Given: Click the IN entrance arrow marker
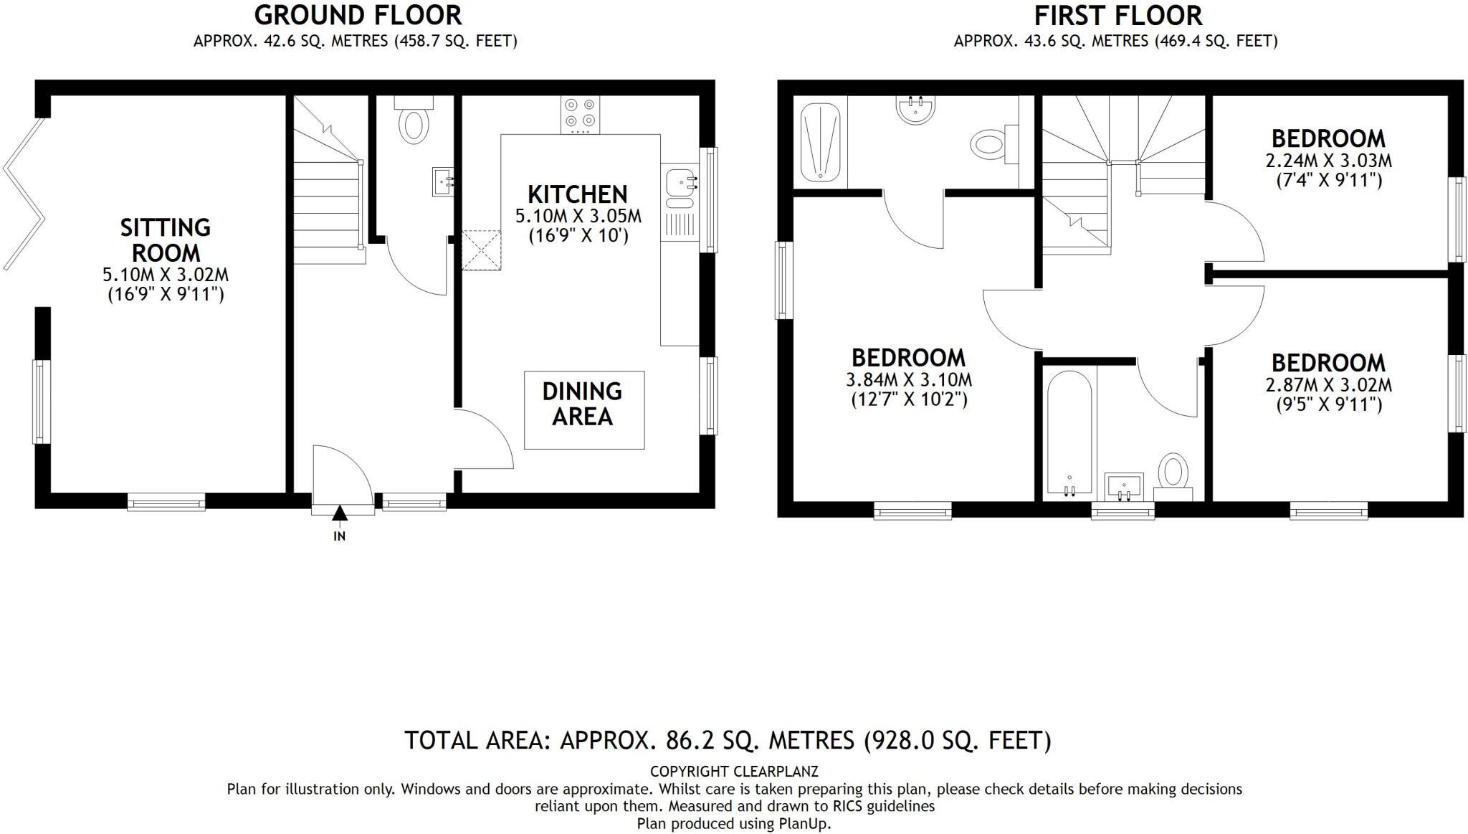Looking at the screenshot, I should coord(339,513).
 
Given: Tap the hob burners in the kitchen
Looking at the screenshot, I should coord(580,114).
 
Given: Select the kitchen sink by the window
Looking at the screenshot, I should coord(679,182).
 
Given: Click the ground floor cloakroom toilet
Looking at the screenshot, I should coord(414,123).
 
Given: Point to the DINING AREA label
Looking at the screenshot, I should coord(583,404).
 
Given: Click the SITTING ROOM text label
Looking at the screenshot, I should coord(166,240).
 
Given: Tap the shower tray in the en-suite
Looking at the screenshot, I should coord(820,141).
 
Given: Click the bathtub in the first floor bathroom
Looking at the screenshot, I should coord(1069,432).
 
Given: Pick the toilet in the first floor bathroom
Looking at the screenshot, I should coord(1173,474).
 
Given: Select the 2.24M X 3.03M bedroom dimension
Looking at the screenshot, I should coord(1328,160).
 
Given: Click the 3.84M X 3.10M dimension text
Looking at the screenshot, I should coord(909,379).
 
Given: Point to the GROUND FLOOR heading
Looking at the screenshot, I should coord(358,15).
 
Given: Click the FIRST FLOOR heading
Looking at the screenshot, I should coord(1117,15).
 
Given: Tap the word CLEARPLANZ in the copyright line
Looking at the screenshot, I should coord(776,772).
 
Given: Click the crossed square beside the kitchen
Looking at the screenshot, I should coord(482,250).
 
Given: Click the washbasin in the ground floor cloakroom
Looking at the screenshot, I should coord(441,181).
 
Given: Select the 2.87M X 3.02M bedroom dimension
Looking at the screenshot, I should coord(1328,384).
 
